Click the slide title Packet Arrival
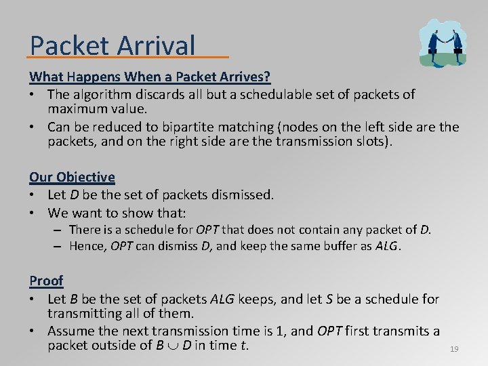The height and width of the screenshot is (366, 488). [113, 45]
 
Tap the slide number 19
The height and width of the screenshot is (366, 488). [454, 349]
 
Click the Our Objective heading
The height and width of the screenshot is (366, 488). [72, 177]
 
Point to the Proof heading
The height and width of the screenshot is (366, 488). [46, 281]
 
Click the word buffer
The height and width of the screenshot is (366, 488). [313, 246]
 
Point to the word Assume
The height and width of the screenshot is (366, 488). [73, 331]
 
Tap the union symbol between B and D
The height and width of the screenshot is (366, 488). [176, 346]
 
